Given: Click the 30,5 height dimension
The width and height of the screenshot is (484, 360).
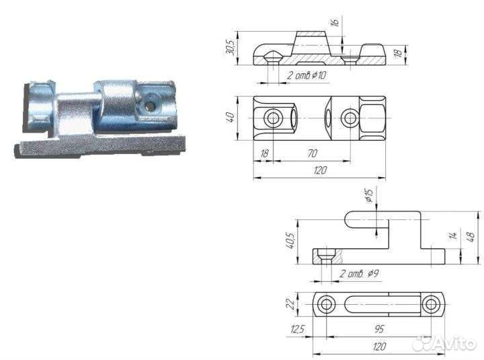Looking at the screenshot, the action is (231, 48).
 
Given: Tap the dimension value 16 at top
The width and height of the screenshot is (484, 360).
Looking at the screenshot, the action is (335, 22).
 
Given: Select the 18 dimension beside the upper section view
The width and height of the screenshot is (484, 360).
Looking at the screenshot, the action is (399, 52).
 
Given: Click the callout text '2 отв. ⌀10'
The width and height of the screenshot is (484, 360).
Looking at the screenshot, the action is (306, 75).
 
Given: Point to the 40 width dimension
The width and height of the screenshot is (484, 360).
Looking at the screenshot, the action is (231, 118).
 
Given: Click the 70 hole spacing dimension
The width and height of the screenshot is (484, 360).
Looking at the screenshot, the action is (312, 153).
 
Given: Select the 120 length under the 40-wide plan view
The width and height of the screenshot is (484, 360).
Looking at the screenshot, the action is (319, 170).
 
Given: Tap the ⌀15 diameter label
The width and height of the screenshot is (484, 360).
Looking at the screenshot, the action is (369, 195).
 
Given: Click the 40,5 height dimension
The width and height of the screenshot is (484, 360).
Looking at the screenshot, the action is (290, 242).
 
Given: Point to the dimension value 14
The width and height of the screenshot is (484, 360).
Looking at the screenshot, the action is (453, 236).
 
